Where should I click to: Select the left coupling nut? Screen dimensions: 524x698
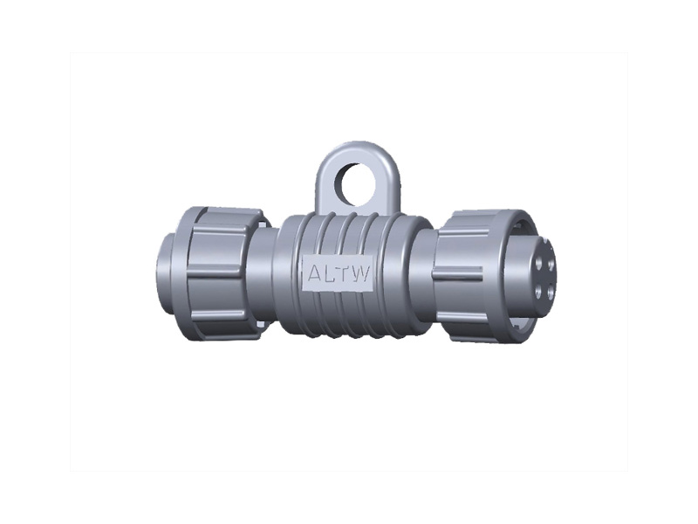click(x=218, y=272)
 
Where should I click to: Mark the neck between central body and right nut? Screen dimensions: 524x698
click(x=428, y=272)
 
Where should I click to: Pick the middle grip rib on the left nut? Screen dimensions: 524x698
click(x=209, y=272)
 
